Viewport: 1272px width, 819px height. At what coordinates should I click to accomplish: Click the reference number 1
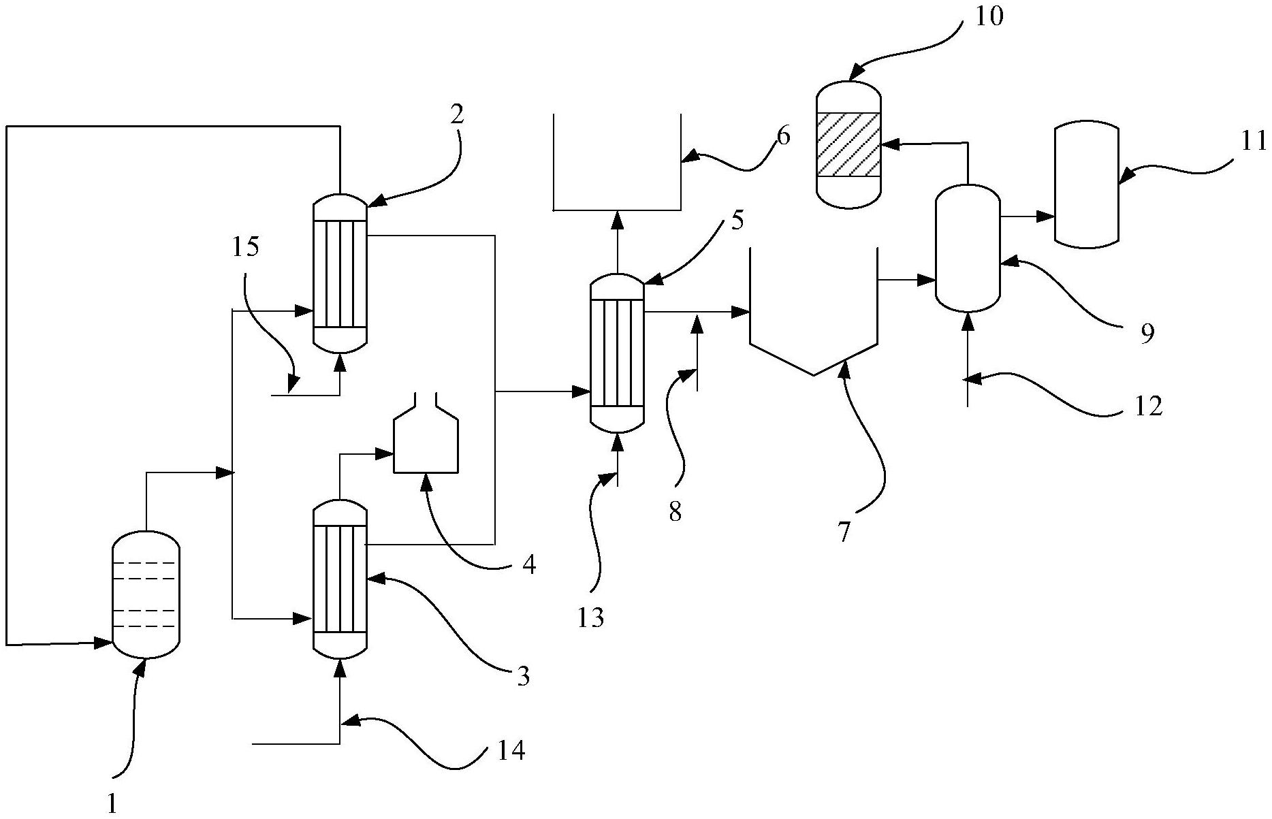(113, 804)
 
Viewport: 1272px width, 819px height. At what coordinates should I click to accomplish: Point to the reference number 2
(457, 114)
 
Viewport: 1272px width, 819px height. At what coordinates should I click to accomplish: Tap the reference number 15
(246, 246)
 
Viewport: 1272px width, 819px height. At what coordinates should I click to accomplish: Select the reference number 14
(511, 751)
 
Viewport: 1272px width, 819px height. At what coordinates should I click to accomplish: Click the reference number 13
(591, 617)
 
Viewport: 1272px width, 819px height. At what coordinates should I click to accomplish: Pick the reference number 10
(989, 16)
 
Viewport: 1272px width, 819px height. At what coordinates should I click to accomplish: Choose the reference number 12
(1148, 406)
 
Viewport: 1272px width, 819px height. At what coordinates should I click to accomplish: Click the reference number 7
(844, 532)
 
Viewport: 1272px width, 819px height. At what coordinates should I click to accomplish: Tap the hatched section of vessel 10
(848, 144)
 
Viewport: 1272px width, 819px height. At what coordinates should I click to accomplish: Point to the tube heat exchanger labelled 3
(340, 579)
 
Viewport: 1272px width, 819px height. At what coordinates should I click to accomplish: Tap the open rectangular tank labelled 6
(617, 163)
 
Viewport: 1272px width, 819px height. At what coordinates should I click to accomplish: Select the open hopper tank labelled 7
(813, 313)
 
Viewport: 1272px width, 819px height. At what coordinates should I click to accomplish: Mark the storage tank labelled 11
(1086, 184)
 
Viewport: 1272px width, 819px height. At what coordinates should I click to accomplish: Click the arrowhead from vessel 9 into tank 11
(1046, 216)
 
